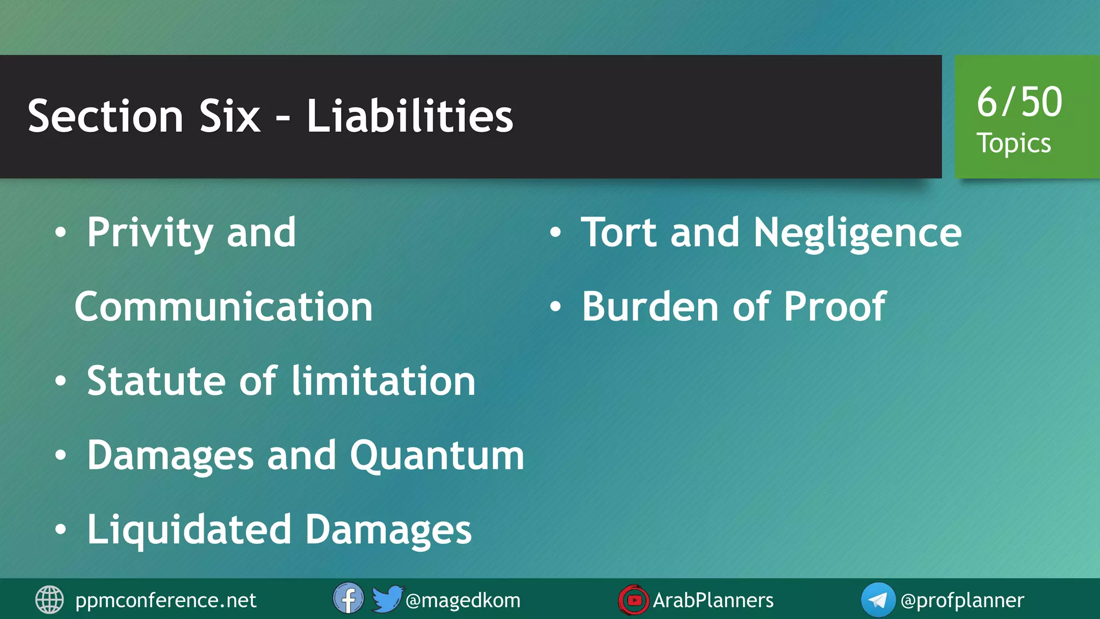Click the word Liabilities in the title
pos(409,116)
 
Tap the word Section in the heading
pos(105,116)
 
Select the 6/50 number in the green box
pos(1019,102)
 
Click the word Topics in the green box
pos(1014,143)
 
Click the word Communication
pos(223,306)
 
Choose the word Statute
pos(156,380)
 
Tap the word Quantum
pos(437,455)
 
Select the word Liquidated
pos(189,530)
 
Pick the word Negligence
pos(857,233)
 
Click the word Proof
pos(835,306)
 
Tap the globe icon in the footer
pos(49,600)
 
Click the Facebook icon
pos(348,599)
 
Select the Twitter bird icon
pos(387,599)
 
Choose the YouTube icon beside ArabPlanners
pos(633,600)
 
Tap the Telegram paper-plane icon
pos(878,600)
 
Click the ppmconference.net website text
pos(165,600)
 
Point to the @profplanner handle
pos(962,600)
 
